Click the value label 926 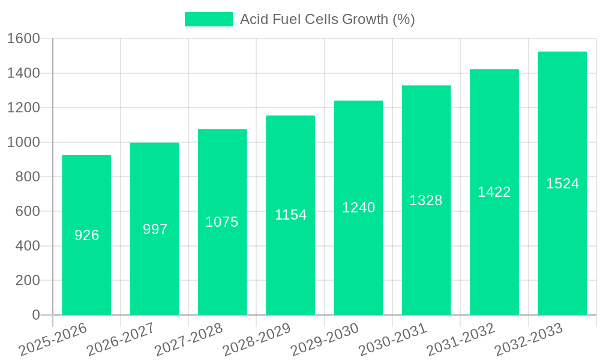[86, 235]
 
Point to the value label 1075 [222, 222]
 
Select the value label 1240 [358, 208]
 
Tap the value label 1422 [494, 192]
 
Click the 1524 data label [562, 184]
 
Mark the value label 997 [155, 229]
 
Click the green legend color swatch [208, 19]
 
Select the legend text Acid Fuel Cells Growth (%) [327, 19]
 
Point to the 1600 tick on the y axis [23, 38]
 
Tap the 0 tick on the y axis [35, 315]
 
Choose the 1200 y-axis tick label [23, 108]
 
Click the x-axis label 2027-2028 [189, 340]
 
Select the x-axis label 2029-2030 [325, 340]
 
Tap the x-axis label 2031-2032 [461, 340]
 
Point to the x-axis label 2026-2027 [121, 340]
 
